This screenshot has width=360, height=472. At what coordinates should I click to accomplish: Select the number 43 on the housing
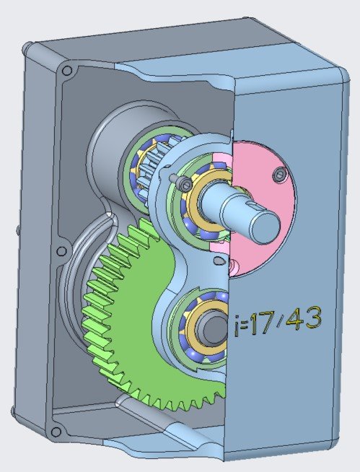[304, 318]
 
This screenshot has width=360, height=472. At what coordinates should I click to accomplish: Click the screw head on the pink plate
[278, 174]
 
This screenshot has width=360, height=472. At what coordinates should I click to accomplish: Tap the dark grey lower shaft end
[212, 329]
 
